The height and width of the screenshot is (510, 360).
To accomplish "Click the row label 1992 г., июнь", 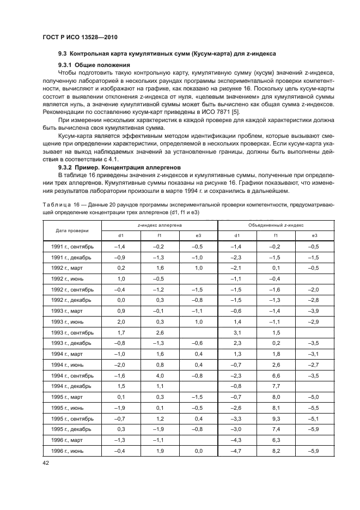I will pyautogui.click(x=72, y=278).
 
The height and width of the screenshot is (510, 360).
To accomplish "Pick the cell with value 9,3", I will pyautogui.click(x=276, y=418).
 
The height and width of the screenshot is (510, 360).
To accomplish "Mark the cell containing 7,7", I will pyautogui.click(x=276, y=386).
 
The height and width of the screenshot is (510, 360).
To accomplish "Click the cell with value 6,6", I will pyautogui.click(x=276, y=375).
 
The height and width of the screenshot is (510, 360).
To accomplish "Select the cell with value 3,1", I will pyautogui.click(x=237, y=332).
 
